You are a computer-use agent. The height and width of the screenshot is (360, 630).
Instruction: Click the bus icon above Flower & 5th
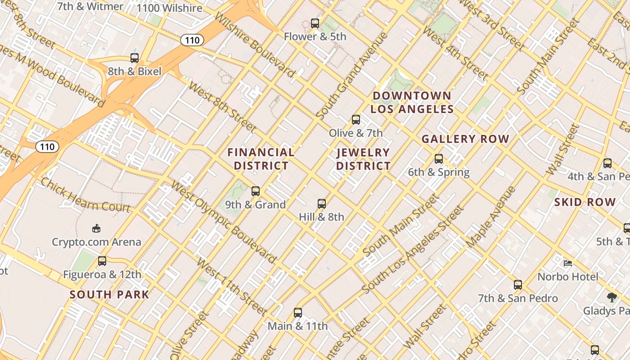[x=315, y=23]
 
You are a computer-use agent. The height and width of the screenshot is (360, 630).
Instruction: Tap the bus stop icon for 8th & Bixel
[x=135, y=58]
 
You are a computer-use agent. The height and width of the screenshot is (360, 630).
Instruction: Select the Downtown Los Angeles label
[x=412, y=102]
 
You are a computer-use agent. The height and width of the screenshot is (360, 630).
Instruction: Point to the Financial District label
[x=261, y=159]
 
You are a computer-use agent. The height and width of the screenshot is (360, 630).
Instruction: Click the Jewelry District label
[x=363, y=159]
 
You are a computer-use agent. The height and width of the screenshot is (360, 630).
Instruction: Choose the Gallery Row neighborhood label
[x=465, y=139]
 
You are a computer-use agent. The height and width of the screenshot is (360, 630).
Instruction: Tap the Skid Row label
[x=585, y=202]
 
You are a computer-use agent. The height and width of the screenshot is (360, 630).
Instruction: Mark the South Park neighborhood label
[x=109, y=295]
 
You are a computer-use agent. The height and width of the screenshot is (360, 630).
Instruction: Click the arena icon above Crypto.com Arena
[x=96, y=229]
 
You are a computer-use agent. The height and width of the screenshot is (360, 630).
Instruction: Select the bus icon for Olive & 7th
[x=356, y=119]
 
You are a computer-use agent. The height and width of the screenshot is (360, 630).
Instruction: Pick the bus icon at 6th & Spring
[x=439, y=158]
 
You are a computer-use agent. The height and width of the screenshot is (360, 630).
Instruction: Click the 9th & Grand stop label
[x=255, y=205]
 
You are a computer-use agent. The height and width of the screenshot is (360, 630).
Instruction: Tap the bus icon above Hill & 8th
[x=322, y=203]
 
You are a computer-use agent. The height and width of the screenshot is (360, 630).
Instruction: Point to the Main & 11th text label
[x=297, y=326]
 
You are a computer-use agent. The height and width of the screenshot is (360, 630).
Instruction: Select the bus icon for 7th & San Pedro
[x=518, y=284]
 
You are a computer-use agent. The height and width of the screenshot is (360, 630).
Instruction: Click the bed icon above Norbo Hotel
[x=568, y=263]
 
